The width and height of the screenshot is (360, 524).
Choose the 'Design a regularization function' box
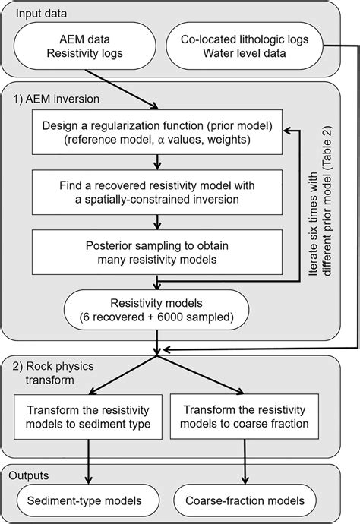point(156,130)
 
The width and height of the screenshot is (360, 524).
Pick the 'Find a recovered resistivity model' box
point(156,191)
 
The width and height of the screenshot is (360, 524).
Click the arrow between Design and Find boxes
point(156,159)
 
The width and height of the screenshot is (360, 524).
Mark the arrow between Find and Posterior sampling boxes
point(156,221)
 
